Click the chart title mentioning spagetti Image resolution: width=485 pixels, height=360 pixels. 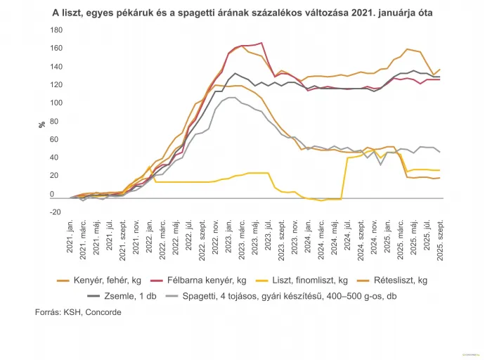tap(242, 13)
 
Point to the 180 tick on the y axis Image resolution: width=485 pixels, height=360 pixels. tap(57, 30)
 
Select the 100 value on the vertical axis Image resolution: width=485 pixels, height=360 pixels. tap(57, 103)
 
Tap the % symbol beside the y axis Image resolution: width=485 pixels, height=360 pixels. tap(41, 124)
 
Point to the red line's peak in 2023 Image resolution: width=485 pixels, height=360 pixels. tap(261, 43)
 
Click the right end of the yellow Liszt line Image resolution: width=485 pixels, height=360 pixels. tap(440, 170)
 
